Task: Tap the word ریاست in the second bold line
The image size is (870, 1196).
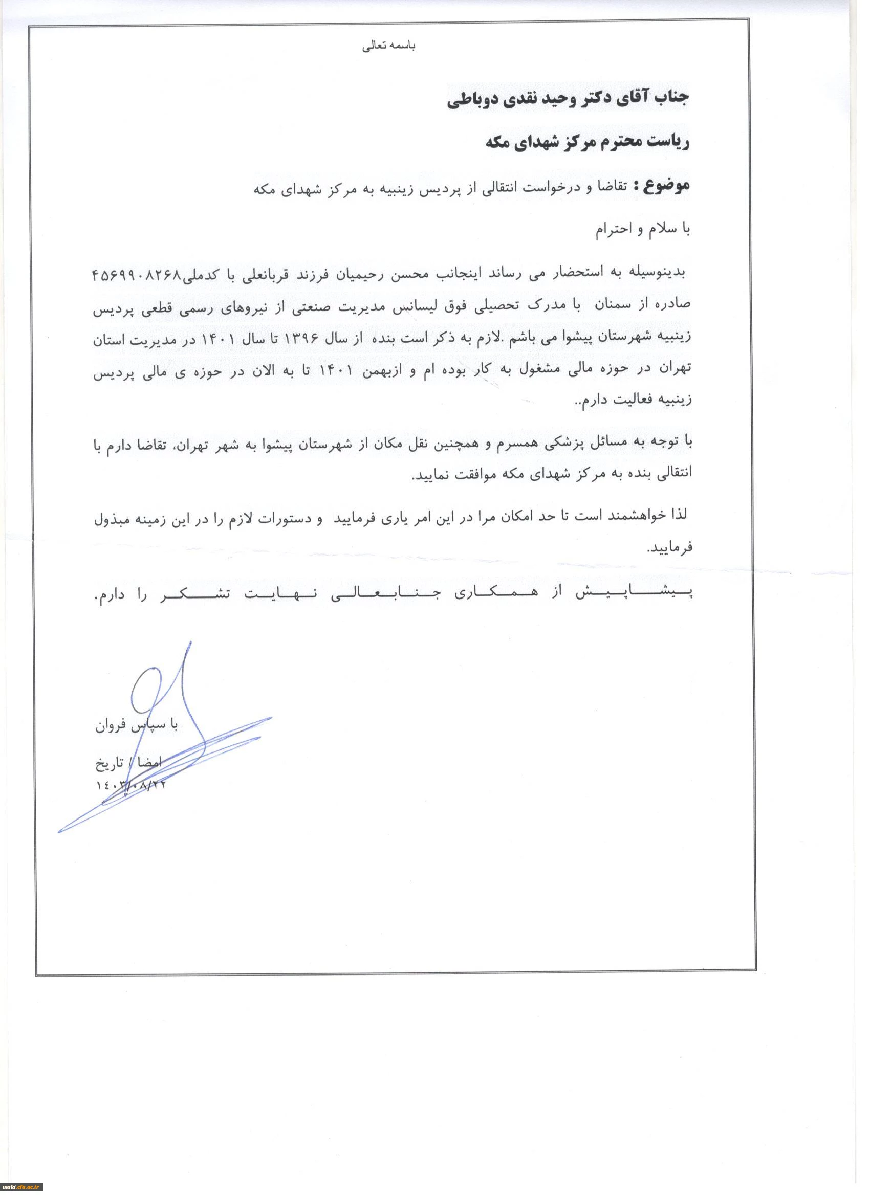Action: pos(670,143)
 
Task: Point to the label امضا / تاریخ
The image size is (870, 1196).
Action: pos(129,763)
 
